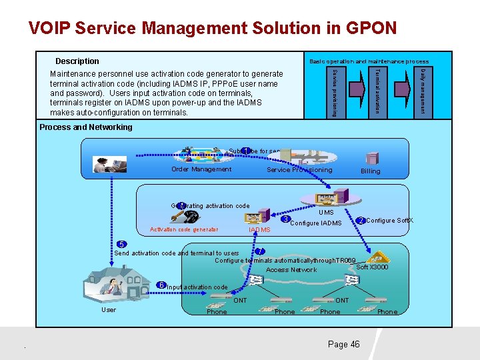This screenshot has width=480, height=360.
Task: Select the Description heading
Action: pos(77,61)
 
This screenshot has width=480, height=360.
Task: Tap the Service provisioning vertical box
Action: pos(336,91)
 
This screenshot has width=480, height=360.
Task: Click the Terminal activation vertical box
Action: pos(377,91)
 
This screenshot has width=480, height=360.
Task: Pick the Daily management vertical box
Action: pos(422,91)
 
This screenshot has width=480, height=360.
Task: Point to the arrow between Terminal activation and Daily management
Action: pos(401,91)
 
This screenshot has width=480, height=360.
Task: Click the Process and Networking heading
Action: pos(85,127)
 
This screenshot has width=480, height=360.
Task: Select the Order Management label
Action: pos(201,169)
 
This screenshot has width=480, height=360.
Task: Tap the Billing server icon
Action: pos(370,157)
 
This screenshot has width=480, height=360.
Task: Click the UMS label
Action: pos(326,212)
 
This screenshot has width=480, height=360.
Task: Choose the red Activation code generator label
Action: pos(184,230)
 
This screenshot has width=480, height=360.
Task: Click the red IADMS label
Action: pos(259,230)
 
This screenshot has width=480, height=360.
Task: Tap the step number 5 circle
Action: pos(120,244)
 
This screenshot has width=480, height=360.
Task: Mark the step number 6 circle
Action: pos(161,285)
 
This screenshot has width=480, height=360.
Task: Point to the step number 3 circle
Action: pos(285,219)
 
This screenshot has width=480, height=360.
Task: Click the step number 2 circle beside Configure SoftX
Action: pos(360,221)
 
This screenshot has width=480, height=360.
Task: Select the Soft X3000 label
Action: pos(372,267)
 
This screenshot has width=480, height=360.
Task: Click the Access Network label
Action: pos(291,270)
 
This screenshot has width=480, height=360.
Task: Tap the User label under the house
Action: pos(108,309)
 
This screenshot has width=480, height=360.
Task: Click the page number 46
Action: pos(343,344)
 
